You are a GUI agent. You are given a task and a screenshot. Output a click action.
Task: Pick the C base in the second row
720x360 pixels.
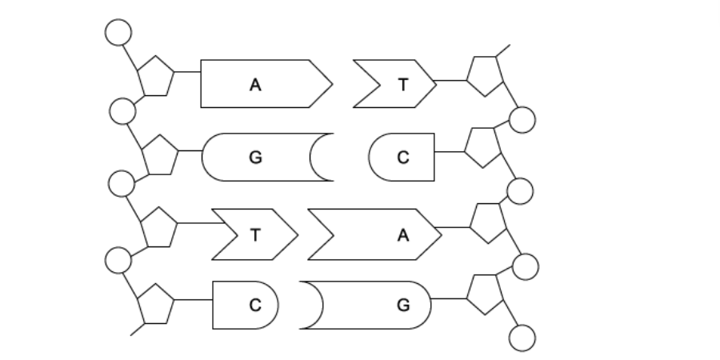(x=402, y=157)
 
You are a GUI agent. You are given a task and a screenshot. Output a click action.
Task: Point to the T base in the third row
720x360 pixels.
(x=254, y=234)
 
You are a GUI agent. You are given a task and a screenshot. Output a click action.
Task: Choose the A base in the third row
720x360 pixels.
(x=384, y=234)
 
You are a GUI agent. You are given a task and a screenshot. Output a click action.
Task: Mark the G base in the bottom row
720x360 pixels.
(x=376, y=305)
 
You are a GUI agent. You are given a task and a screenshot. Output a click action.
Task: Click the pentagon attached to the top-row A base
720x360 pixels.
(x=155, y=77)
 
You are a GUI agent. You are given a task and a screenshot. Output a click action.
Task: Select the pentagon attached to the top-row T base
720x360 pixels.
(x=485, y=75)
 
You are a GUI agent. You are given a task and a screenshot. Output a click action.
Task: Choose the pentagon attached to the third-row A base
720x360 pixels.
(x=488, y=222)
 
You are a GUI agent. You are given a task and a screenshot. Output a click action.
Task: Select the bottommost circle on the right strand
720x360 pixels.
(x=522, y=338)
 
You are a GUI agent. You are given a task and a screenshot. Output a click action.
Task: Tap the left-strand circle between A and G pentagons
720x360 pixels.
(x=122, y=111)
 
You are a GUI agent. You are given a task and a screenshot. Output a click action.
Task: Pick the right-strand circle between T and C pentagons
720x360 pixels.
(x=522, y=120)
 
